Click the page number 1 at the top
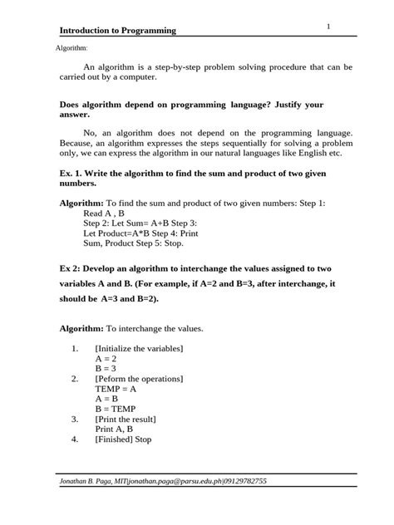329,27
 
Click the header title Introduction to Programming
119,31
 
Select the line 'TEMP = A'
116,388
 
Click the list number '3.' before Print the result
75,419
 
